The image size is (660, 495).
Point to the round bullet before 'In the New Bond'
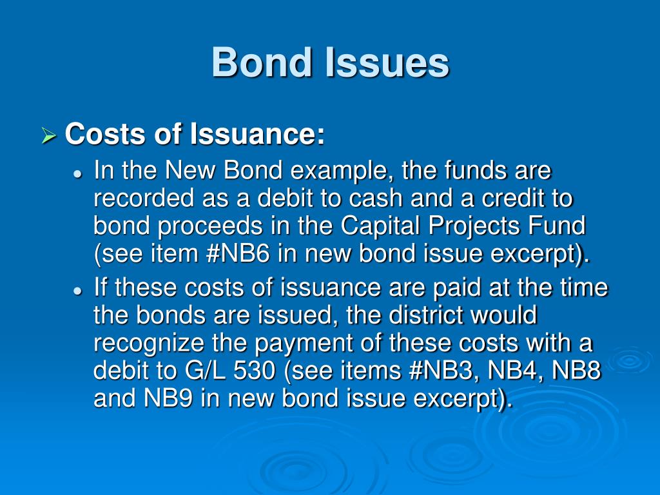pyautogui.click(x=77, y=174)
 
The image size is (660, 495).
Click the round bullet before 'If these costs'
pyautogui.click(x=77, y=291)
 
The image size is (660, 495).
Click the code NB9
pyautogui.click(x=170, y=399)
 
